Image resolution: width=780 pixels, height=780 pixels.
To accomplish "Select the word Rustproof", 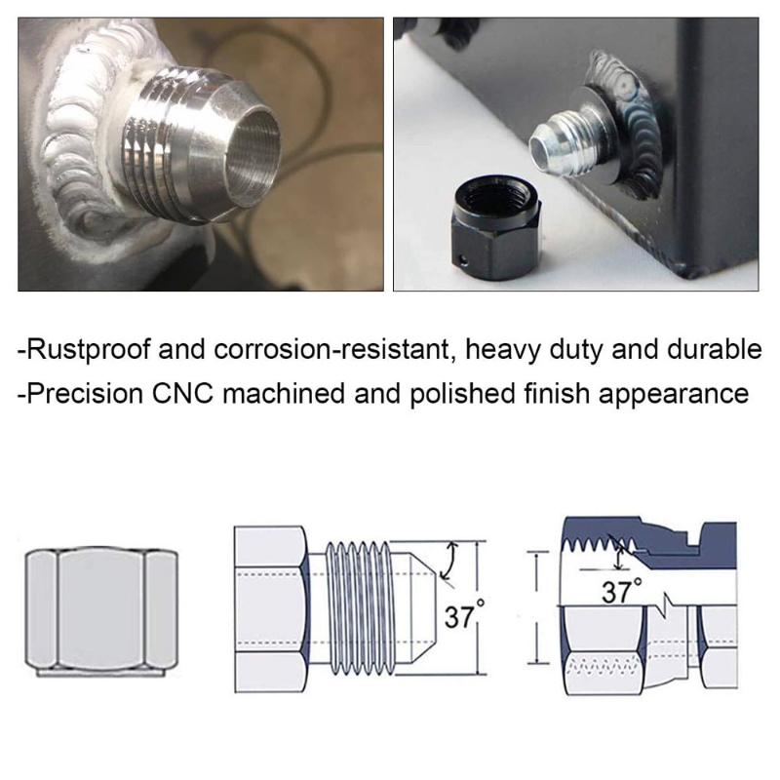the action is click(88, 350).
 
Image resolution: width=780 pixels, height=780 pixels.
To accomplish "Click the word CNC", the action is click(182, 394).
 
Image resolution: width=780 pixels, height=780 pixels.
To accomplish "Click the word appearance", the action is click(674, 395).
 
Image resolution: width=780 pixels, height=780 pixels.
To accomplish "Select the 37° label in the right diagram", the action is click(621, 591).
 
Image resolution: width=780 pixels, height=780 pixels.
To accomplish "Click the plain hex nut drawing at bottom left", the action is click(101, 612).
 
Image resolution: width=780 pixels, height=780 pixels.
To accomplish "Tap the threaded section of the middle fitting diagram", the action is click(358, 607).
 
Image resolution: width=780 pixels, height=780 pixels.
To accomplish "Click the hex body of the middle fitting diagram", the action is click(272, 608).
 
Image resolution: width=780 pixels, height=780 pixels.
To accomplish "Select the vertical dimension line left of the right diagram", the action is click(537, 606).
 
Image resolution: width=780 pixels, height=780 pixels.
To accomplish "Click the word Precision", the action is click(85, 394).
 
